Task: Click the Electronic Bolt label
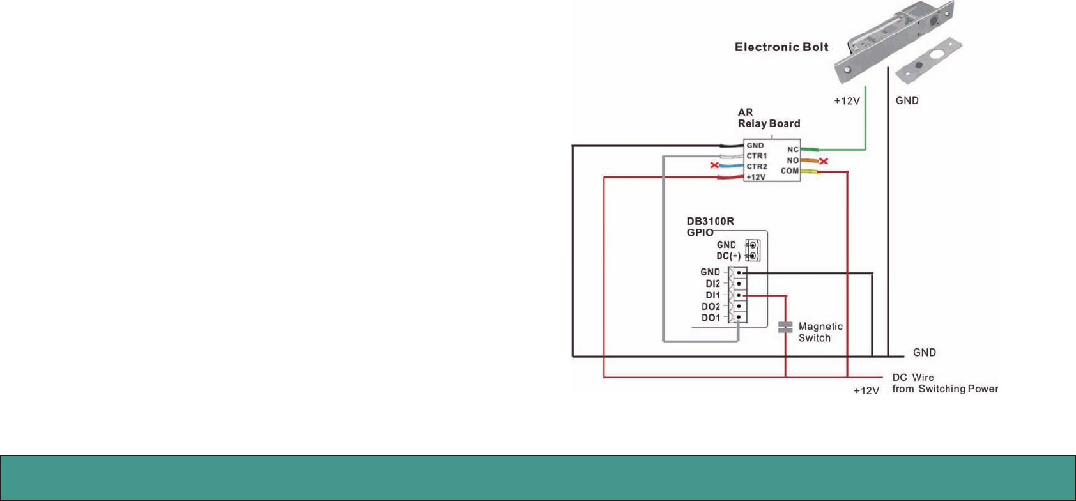781,47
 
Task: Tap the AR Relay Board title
769,118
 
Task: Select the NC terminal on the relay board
792,150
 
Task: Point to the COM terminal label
789,171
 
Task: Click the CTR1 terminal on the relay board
757,156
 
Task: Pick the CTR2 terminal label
757,167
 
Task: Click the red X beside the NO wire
824,161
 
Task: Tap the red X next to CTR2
714,166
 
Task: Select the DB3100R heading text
710,222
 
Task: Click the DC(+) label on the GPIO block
728,256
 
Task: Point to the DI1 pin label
712,295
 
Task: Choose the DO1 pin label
711,318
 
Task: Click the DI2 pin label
712,284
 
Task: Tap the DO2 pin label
711,307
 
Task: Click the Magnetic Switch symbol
785,327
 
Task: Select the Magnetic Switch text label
820,332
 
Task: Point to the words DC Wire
913,378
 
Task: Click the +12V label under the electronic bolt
847,101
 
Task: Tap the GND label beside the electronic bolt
907,100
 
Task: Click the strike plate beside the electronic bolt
929,61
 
